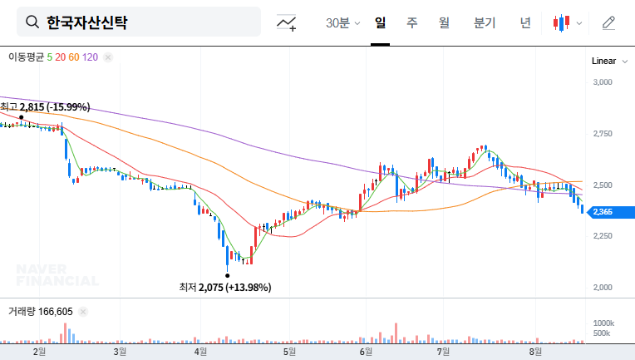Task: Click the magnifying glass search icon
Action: coord(32,22)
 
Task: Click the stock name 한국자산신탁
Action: coord(87,22)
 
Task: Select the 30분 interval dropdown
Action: coord(342,22)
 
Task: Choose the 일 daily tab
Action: coord(380,22)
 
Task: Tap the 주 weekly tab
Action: coord(411,22)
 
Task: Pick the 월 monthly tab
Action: coord(444,22)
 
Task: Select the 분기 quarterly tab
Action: coord(484,22)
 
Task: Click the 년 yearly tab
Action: coord(524,22)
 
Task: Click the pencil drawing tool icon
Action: coord(608,22)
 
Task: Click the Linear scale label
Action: coord(603,62)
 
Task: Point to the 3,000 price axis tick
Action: coord(603,82)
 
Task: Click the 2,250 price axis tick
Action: coord(603,236)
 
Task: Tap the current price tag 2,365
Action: coord(603,213)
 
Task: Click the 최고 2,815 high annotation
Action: coord(45,107)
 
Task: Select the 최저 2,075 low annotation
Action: coord(224,287)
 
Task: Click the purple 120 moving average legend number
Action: coord(91,57)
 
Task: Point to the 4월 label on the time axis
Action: coord(199,352)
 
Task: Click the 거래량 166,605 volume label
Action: coord(41,312)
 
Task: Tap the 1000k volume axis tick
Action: coord(603,323)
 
